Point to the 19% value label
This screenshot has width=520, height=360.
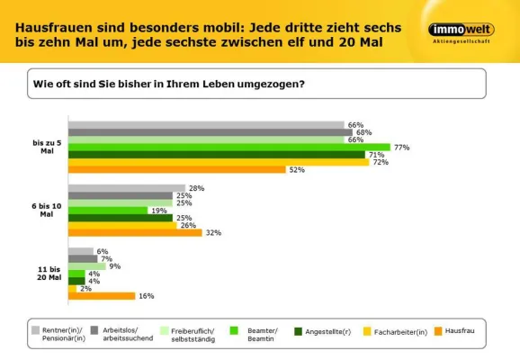pos(158,211)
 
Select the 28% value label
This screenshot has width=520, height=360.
pos(197,188)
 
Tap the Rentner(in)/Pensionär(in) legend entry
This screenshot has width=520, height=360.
pos(61,336)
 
